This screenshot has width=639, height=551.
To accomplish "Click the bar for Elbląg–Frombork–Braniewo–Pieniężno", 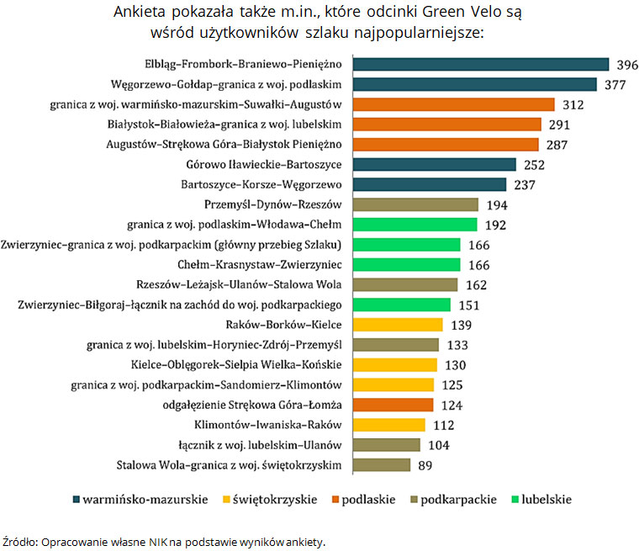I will [x=480, y=64].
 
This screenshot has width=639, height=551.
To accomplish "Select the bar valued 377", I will [x=474, y=84].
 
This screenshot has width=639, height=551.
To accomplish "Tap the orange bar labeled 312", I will [x=453, y=104].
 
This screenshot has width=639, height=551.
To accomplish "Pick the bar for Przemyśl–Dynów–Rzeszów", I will [x=415, y=204].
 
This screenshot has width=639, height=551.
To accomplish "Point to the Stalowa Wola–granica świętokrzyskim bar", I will [x=382, y=465].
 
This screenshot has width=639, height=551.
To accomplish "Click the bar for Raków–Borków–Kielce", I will [x=398, y=325].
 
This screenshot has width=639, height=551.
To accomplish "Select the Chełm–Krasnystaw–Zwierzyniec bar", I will [x=406, y=265].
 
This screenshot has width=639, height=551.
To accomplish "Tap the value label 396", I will [x=624, y=65].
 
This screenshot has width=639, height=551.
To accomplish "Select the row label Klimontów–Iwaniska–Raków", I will [x=267, y=425].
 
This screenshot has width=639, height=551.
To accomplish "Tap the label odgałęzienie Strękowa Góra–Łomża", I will [x=251, y=405].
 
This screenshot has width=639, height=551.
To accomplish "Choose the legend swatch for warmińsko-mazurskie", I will [x=77, y=499].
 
